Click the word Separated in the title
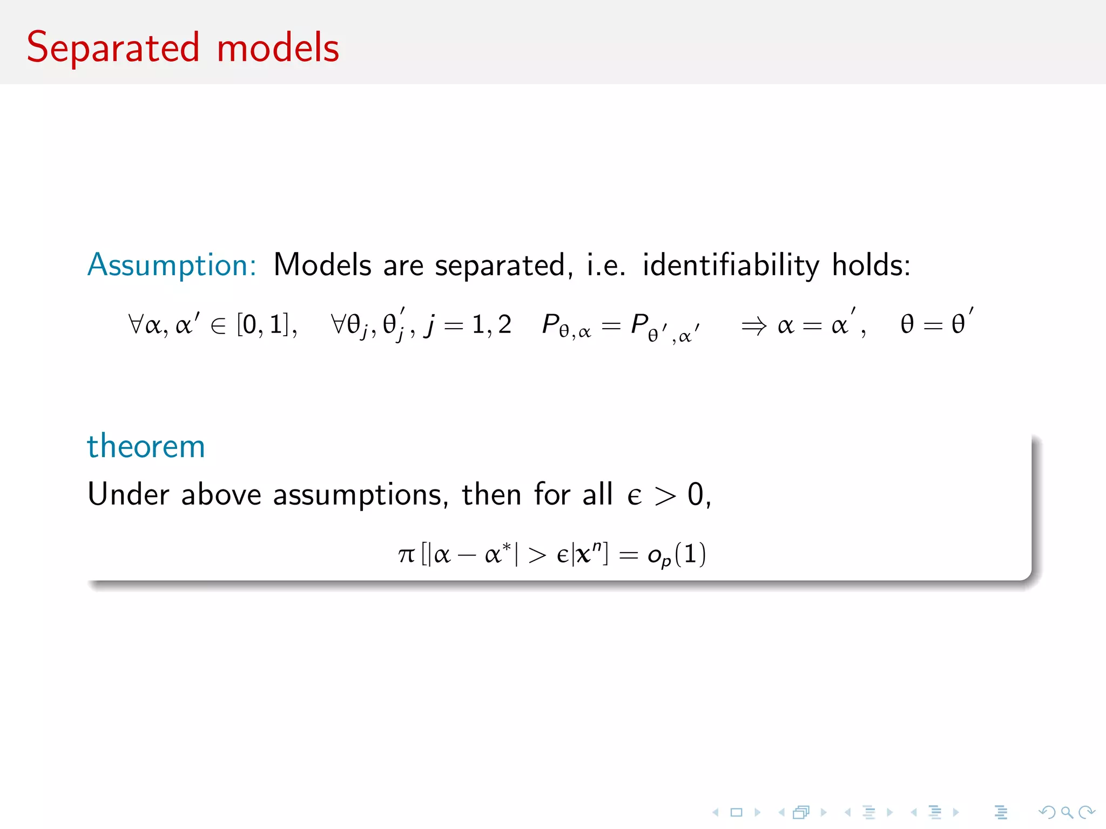113,49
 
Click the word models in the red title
278,49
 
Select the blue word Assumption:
172,266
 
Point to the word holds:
871,266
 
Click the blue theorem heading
146,447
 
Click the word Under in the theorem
129,494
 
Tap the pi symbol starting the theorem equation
406,555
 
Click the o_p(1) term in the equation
676,555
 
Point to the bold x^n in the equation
589,554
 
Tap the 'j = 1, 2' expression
467,325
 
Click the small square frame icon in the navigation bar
736,812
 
